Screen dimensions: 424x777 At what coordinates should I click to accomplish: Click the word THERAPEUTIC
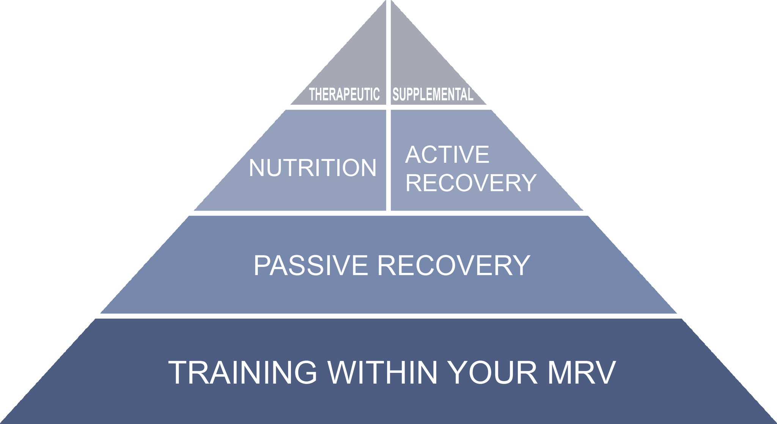pos(344,95)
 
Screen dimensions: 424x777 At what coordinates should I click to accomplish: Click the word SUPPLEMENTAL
pos(433,95)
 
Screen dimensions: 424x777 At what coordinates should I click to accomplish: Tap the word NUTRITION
pos(312,168)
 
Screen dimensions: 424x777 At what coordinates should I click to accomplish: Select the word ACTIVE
pos(447,154)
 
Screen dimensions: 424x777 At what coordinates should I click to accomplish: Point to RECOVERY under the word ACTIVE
pos(471,183)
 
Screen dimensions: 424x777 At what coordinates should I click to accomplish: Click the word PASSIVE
pos(311,265)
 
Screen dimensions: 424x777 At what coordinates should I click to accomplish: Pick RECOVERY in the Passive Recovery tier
pos(454,265)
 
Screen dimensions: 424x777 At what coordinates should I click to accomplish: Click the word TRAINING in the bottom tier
pos(242,372)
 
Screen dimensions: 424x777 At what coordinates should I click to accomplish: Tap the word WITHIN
pos(383,372)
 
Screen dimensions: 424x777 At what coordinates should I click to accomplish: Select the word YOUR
pos(492,372)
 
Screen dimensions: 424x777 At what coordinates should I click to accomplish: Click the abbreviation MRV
pos(581,372)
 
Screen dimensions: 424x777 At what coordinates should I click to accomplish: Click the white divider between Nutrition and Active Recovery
pos(388,159)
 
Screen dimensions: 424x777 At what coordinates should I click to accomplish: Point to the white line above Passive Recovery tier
pos(388,213)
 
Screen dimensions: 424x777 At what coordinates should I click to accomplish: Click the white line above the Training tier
pos(388,316)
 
